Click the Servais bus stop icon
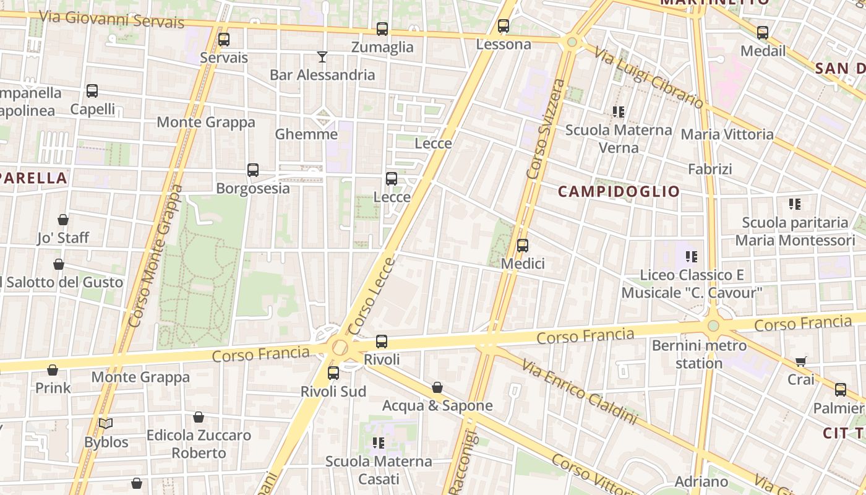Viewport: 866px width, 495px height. pos(224,40)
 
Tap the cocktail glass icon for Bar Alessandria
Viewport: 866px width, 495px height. pos(322,57)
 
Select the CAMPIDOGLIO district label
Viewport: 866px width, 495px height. pos(619,191)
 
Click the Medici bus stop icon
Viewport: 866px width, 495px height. pos(523,246)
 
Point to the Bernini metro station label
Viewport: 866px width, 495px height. pos(699,354)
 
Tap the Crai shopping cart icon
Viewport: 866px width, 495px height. pos(801,361)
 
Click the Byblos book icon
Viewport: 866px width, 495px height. pos(106,424)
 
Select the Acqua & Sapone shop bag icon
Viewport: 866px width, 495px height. pos(437,387)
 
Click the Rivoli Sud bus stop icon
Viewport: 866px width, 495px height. pos(333,373)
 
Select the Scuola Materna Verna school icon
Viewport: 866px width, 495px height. pos(619,112)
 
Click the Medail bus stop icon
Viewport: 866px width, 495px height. pos(763,33)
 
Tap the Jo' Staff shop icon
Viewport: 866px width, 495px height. pos(63,220)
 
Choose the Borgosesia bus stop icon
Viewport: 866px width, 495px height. pos(253,170)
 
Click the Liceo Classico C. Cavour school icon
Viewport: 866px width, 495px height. pos(692,256)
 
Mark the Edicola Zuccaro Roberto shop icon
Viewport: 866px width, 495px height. pos(199,417)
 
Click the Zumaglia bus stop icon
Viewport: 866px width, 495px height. pos(382,29)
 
